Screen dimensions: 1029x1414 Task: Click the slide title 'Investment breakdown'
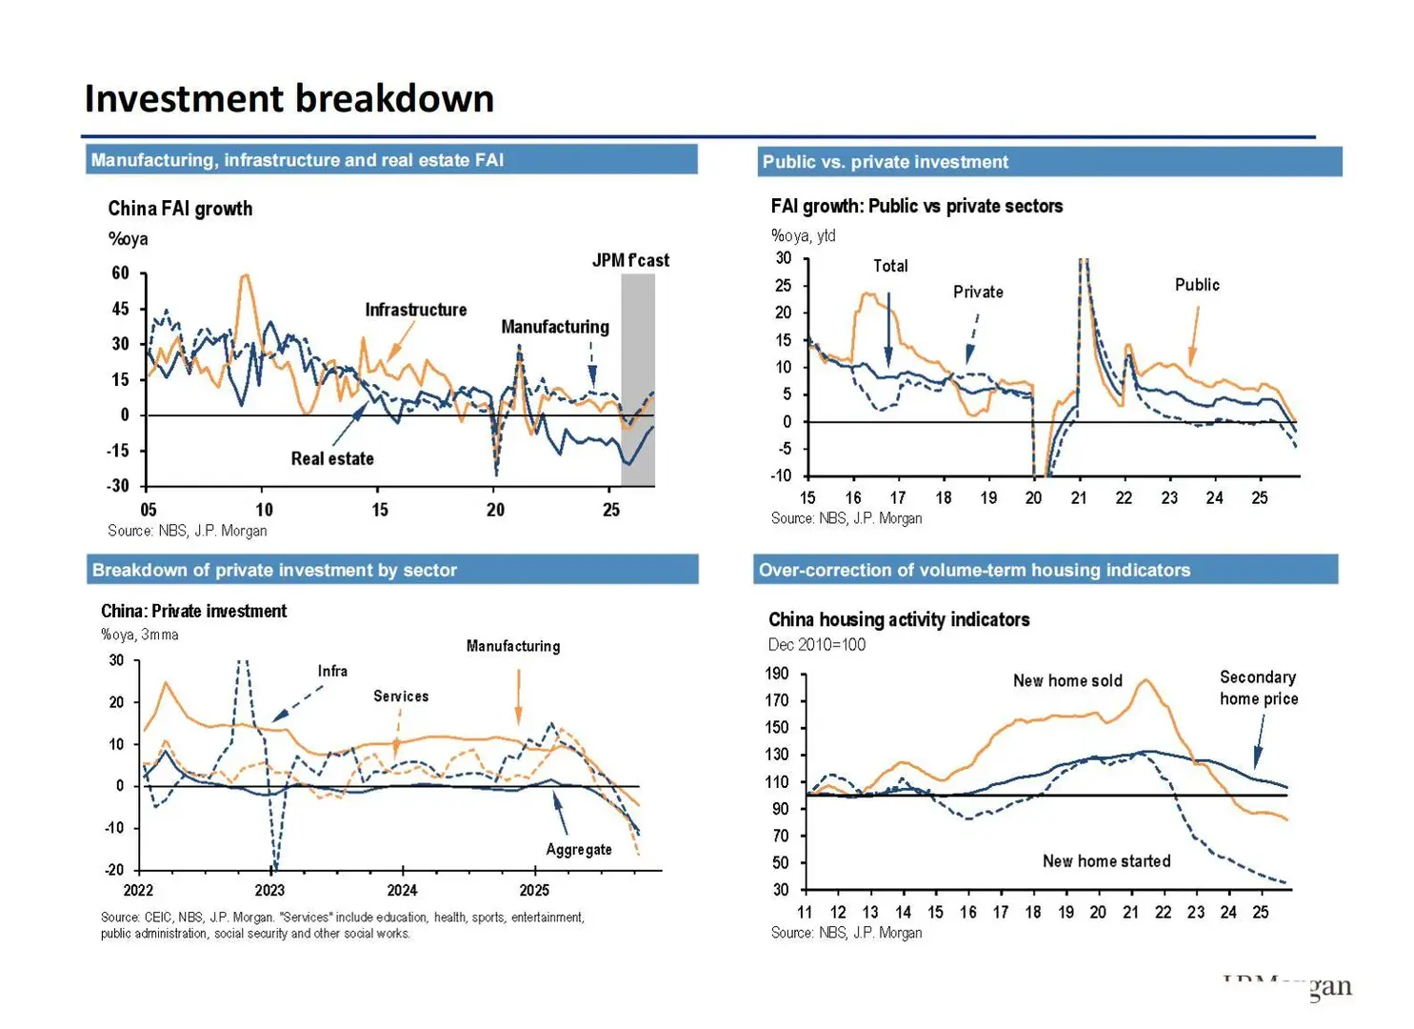289,99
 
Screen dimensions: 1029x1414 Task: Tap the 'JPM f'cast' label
630,260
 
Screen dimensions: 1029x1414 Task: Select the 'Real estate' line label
332,458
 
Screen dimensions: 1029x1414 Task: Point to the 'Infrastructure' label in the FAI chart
416,310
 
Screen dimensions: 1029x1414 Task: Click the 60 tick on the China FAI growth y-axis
120,273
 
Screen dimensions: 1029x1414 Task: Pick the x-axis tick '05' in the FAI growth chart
149,510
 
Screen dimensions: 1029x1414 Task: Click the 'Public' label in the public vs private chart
1197,285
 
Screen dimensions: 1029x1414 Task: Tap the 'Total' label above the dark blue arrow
890,266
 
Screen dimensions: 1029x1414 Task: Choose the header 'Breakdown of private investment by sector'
274,570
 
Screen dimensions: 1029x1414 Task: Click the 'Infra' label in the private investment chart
332,671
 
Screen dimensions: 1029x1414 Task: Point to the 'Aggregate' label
579,849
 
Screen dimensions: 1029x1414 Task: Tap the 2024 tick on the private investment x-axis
402,890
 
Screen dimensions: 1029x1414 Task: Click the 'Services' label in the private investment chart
401,696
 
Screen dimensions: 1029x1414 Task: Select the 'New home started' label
1106,861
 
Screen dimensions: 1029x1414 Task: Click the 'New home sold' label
1067,681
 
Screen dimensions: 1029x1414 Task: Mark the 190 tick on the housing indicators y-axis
777,674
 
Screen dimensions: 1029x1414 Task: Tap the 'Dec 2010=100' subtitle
817,645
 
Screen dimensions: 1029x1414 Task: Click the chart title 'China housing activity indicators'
899,620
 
